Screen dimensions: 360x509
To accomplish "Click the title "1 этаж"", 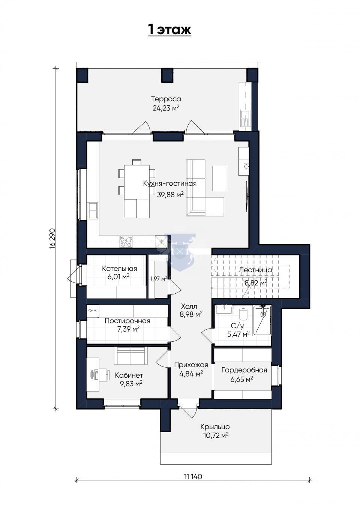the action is pyautogui.click(x=169, y=30).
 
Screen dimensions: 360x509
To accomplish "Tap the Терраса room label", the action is pyautogui.click(x=166, y=99).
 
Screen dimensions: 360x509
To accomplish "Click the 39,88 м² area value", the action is pyautogui.click(x=170, y=195).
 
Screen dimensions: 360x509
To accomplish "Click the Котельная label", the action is pyautogui.click(x=120, y=269).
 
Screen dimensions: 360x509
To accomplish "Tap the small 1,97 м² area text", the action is pyautogui.click(x=158, y=279).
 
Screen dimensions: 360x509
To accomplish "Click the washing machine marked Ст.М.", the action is pyautogui.click(x=93, y=311).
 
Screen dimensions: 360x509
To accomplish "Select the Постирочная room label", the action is pyautogui.click(x=127, y=321).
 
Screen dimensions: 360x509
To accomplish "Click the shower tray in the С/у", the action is pyautogui.click(x=262, y=320).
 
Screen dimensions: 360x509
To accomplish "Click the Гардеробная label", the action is pyautogui.click(x=244, y=370).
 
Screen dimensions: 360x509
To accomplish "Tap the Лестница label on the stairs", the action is pyautogui.click(x=255, y=270).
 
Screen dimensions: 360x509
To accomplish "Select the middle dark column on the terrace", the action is pyautogui.click(x=167, y=75).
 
